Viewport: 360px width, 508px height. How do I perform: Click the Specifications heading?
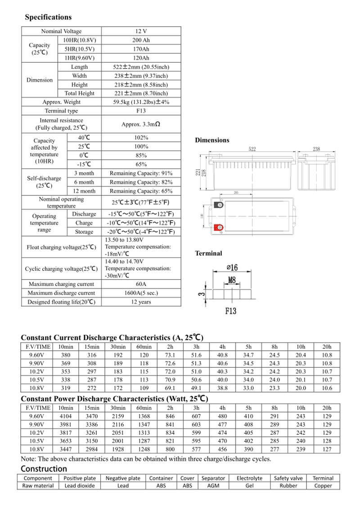pyautogui.click(x=48, y=17)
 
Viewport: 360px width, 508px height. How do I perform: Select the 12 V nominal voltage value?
pyautogui.click(x=141, y=31)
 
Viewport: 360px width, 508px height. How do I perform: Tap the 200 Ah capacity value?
pyautogui.click(x=141, y=40)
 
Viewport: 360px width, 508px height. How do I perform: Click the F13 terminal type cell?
pyautogui.click(x=141, y=111)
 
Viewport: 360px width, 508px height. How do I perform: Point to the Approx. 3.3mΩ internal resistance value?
pyautogui.click(x=141, y=124)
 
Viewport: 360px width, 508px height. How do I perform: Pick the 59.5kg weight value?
pyautogui.click(x=141, y=102)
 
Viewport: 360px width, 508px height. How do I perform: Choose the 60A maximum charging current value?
pyautogui.click(x=141, y=284)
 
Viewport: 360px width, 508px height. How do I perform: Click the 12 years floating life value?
pyautogui.click(x=141, y=302)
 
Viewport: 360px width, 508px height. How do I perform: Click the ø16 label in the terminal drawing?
pyautogui.click(x=231, y=267)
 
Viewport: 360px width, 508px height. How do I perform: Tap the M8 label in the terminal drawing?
pyautogui.click(x=232, y=280)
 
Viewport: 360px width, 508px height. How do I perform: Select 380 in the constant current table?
pyautogui.click(x=66, y=355)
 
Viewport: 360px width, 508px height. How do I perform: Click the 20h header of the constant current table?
pyautogui.click(x=327, y=347)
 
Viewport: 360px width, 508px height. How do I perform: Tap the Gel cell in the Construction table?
pyautogui.click(x=249, y=486)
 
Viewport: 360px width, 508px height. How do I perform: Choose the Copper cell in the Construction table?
pyautogui.click(x=323, y=486)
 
